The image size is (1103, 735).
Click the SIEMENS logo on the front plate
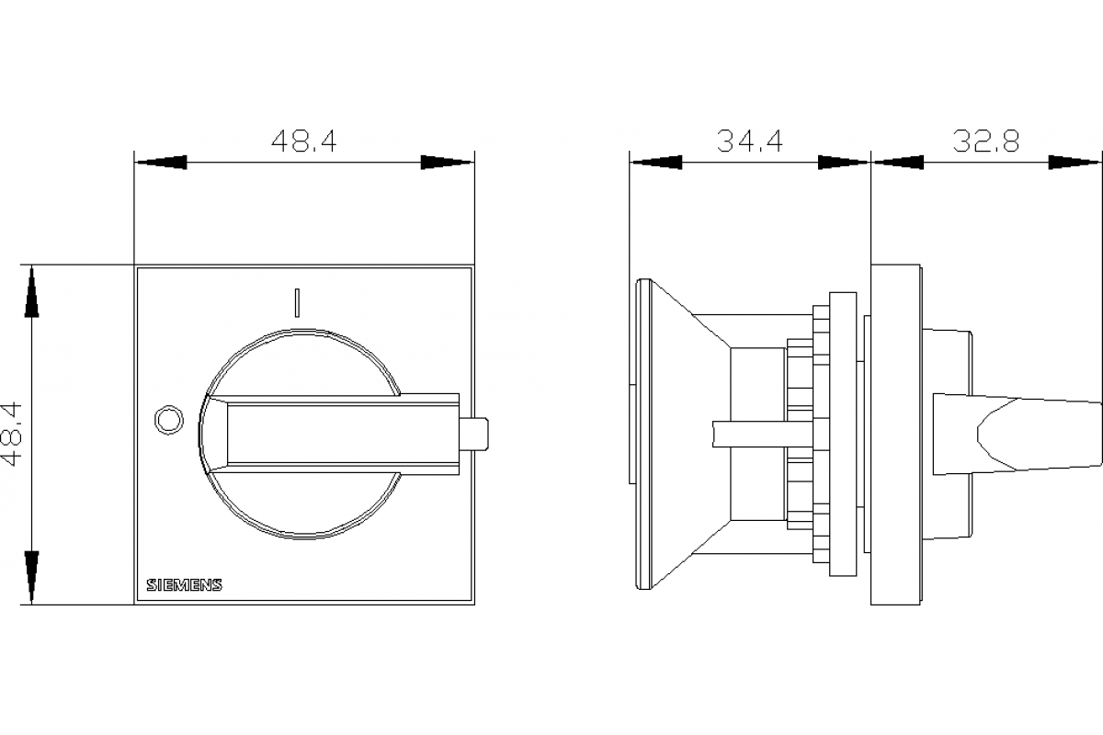184,586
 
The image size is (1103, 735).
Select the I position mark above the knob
296,302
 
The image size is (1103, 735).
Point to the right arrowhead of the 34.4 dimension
842,163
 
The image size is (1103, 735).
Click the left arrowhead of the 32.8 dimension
897,163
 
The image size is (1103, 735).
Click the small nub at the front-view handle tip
473,435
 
